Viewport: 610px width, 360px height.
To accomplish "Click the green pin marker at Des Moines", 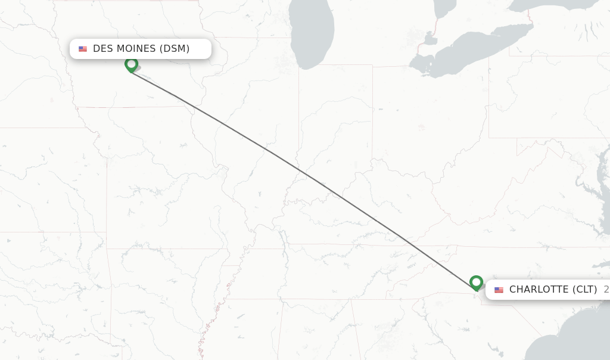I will [x=132, y=64].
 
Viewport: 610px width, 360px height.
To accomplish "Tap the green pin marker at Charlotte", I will [x=476, y=282].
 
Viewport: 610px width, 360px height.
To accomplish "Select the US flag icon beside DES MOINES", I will [x=83, y=49].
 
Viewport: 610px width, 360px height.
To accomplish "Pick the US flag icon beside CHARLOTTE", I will [x=499, y=290].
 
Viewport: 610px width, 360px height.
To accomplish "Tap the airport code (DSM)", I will [x=175, y=49].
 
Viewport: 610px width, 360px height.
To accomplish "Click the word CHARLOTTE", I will [x=539, y=290].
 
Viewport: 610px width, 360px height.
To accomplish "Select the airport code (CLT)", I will [x=585, y=290].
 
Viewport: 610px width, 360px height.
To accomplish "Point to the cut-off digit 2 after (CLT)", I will [x=606, y=290].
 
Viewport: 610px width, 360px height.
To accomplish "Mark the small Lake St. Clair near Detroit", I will [x=428, y=42].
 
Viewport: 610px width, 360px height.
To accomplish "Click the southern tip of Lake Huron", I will [x=444, y=7].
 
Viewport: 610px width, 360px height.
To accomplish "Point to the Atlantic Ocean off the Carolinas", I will [x=572, y=346].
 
